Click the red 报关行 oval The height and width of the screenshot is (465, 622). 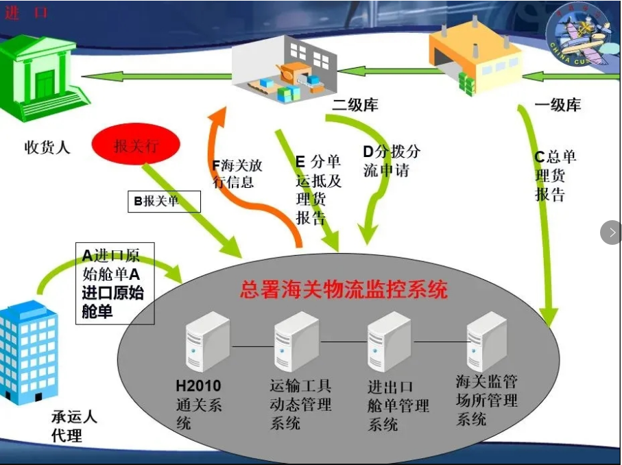point(136,144)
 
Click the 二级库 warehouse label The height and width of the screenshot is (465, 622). point(355,105)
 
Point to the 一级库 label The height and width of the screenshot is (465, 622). point(558,105)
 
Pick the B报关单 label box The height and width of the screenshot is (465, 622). point(164,202)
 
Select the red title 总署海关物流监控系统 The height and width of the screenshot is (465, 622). point(344,289)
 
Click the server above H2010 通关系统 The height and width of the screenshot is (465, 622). point(208,342)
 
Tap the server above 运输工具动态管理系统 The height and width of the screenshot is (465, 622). point(297,342)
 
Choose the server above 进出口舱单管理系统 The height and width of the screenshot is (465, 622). point(389,342)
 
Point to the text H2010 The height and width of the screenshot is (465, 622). point(198,385)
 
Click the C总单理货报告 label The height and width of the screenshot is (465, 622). point(555,176)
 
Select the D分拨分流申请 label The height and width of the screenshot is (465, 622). point(392,160)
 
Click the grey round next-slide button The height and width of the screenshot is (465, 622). point(612,232)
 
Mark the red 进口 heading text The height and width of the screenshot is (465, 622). point(26,12)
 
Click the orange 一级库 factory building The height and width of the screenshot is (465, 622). point(476,60)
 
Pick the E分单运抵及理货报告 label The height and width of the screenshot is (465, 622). point(318,190)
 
